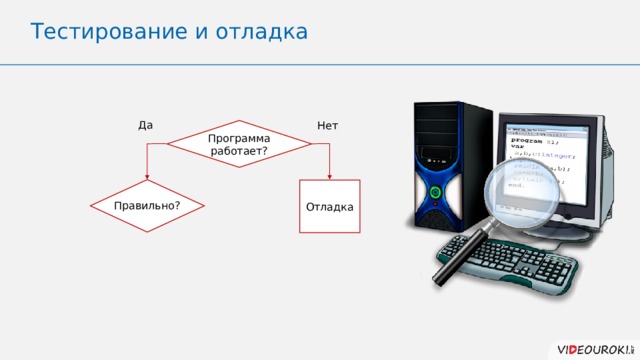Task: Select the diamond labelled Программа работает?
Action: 239,144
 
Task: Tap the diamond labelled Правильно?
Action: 148,205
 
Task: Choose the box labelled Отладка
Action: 329,206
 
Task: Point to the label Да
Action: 146,125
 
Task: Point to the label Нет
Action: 327,125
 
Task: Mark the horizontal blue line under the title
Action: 320,63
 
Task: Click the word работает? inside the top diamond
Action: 239,150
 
